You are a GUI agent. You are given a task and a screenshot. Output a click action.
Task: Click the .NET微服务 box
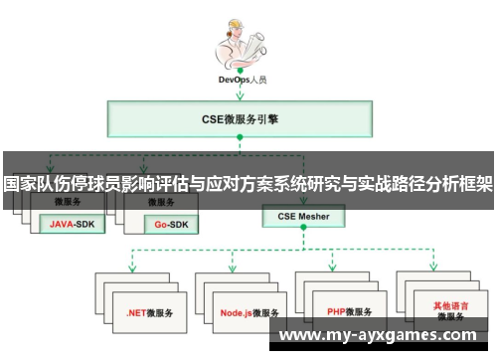[149, 310]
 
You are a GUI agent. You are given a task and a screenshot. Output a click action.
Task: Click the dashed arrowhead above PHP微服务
[334, 269]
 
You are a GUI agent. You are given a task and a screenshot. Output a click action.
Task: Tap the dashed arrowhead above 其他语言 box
[435, 269]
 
